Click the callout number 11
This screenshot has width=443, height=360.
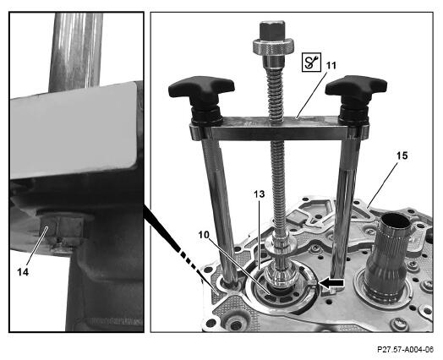coord(331,66)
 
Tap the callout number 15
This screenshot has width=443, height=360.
coord(402,155)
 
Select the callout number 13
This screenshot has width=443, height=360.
coord(259,194)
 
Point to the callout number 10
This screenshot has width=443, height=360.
coord(203,234)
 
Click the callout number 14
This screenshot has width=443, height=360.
coord(23,272)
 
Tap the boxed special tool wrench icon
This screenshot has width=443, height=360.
coord(311,62)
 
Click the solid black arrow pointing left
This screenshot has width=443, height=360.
coord(331,283)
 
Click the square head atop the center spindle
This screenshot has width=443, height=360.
coord(272,30)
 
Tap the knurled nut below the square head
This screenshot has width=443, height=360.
coord(273,46)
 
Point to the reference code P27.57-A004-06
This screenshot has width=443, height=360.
coord(405,350)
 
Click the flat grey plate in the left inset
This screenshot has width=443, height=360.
coord(74,131)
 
